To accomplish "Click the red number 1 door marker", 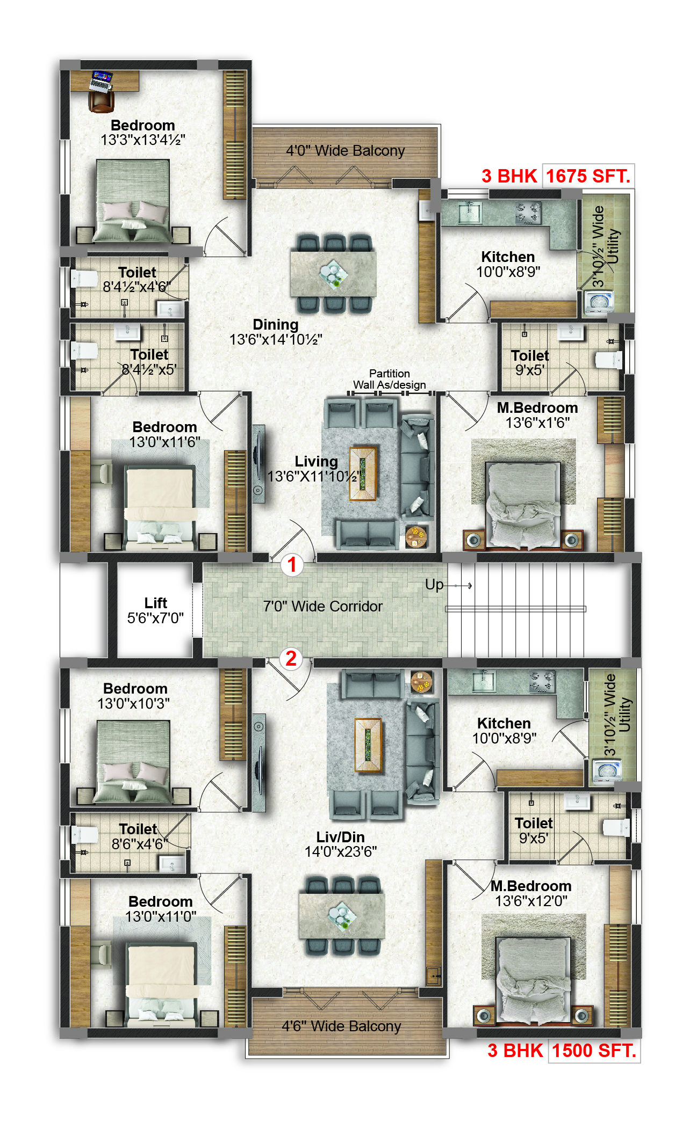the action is [x=292, y=565].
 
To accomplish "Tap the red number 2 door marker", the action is [x=291, y=659].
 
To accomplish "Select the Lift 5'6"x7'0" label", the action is [x=155, y=610].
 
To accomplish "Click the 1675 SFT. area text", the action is [x=588, y=176].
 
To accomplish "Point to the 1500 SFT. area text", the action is [x=594, y=1051].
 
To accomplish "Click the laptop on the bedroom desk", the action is [x=101, y=80].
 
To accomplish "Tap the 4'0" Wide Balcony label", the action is [x=345, y=150].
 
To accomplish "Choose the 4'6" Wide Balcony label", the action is [x=341, y=1026].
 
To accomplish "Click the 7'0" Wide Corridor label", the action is [x=322, y=606].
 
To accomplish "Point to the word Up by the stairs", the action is [x=434, y=585].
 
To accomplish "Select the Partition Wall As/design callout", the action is [x=389, y=379].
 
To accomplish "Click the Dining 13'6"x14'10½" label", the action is [x=276, y=332].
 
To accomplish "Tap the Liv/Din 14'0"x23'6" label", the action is [x=341, y=844].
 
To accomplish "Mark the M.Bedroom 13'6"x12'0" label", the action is [x=531, y=893].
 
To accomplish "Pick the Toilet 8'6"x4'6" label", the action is [x=138, y=836].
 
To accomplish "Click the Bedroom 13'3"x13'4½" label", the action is [x=143, y=133].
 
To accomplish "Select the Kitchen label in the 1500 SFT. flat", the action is [x=504, y=723].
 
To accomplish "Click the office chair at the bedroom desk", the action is [x=101, y=101].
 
